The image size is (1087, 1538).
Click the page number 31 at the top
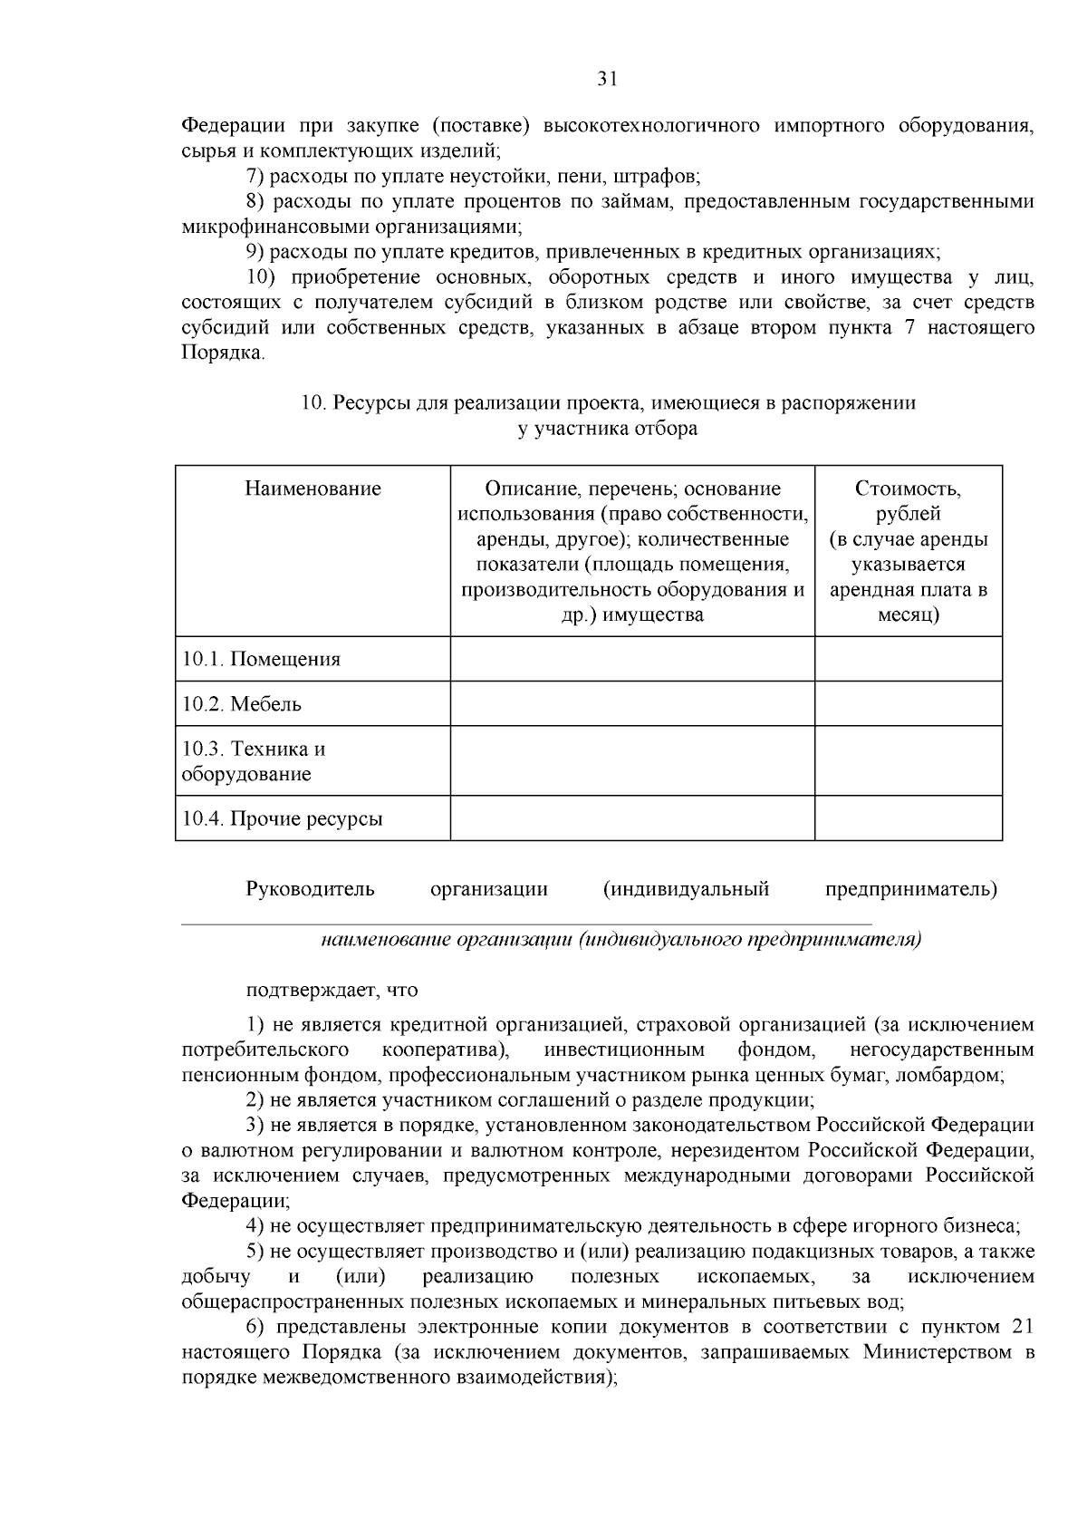coord(607,79)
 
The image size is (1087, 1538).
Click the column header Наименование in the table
coord(313,489)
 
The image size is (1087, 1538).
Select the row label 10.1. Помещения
coord(262,660)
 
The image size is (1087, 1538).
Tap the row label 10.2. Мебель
coord(242,704)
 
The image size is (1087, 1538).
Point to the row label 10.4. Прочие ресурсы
coord(283,819)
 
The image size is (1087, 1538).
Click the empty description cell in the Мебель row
coord(632,704)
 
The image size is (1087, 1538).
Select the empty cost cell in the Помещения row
coord(908,660)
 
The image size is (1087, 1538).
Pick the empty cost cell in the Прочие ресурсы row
coord(908,819)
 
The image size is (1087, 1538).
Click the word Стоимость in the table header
coord(908,489)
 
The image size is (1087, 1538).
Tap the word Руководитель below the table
coord(310,889)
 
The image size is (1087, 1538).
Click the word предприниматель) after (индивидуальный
coord(910,889)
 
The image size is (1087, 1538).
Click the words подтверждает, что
coord(332,991)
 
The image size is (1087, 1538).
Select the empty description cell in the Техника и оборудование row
coord(632,761)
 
